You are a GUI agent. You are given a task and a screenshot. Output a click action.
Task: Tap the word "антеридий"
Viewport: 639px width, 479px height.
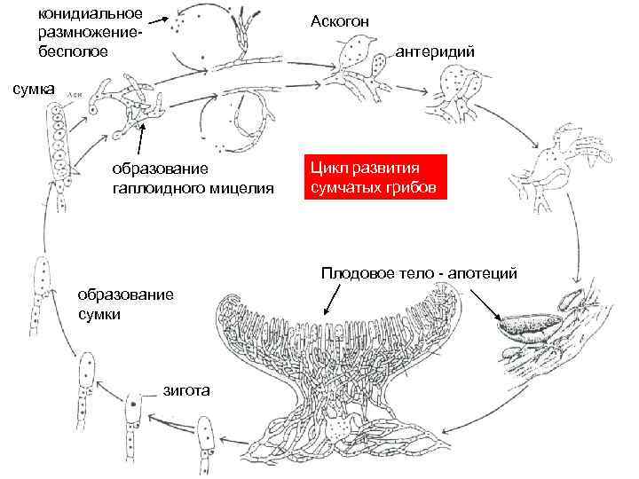click(434, 52)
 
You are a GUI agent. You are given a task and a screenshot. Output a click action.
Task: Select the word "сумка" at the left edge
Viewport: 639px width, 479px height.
click(33, 89)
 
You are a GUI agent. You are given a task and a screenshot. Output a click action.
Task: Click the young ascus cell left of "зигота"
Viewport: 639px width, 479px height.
click(132, 415)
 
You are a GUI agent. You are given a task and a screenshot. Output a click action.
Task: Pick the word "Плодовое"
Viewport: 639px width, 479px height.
click(356, 273)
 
